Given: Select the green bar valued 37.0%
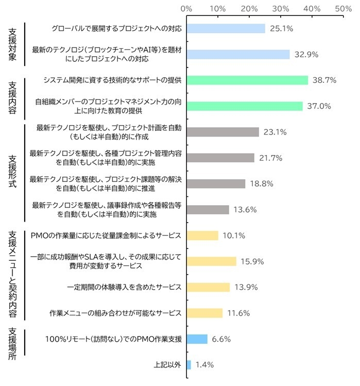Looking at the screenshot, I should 245,106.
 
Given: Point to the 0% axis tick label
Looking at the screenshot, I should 187,9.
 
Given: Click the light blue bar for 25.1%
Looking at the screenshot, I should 226,28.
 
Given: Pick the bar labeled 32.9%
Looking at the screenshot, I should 238,54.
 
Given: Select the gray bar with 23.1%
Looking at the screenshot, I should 222,132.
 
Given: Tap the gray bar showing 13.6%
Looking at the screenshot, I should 208,209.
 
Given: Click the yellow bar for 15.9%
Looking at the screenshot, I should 211,261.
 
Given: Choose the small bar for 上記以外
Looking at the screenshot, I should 188,364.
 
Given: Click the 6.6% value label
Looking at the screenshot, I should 221,339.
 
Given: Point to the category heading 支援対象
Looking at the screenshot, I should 13,44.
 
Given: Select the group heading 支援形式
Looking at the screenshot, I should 13,170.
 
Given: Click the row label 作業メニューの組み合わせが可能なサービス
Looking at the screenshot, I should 115,313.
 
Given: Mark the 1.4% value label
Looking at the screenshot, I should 204,364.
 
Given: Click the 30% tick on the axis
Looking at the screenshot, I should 281,9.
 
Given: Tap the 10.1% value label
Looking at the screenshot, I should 234,236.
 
